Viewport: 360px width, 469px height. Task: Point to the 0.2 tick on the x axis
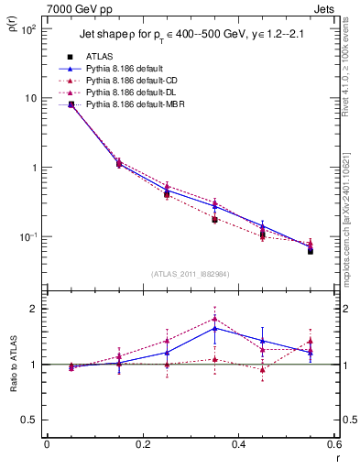pyautogui.click(x=142, y=444)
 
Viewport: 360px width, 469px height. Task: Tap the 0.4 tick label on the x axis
pyautogui.click(x=238, y=444)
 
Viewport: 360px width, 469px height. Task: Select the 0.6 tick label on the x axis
pyautogui.click(x=333, y=444)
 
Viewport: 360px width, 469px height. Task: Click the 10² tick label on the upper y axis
pyautogui.click(x=28, y=29)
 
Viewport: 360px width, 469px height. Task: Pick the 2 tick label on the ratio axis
pyautogui.click(x=35, y=309)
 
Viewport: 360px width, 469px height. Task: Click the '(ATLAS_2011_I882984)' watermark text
pyautogui.click(x=190, y=273)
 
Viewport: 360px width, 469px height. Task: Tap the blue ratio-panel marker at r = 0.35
pyautogui.click(x=214, y=328)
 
